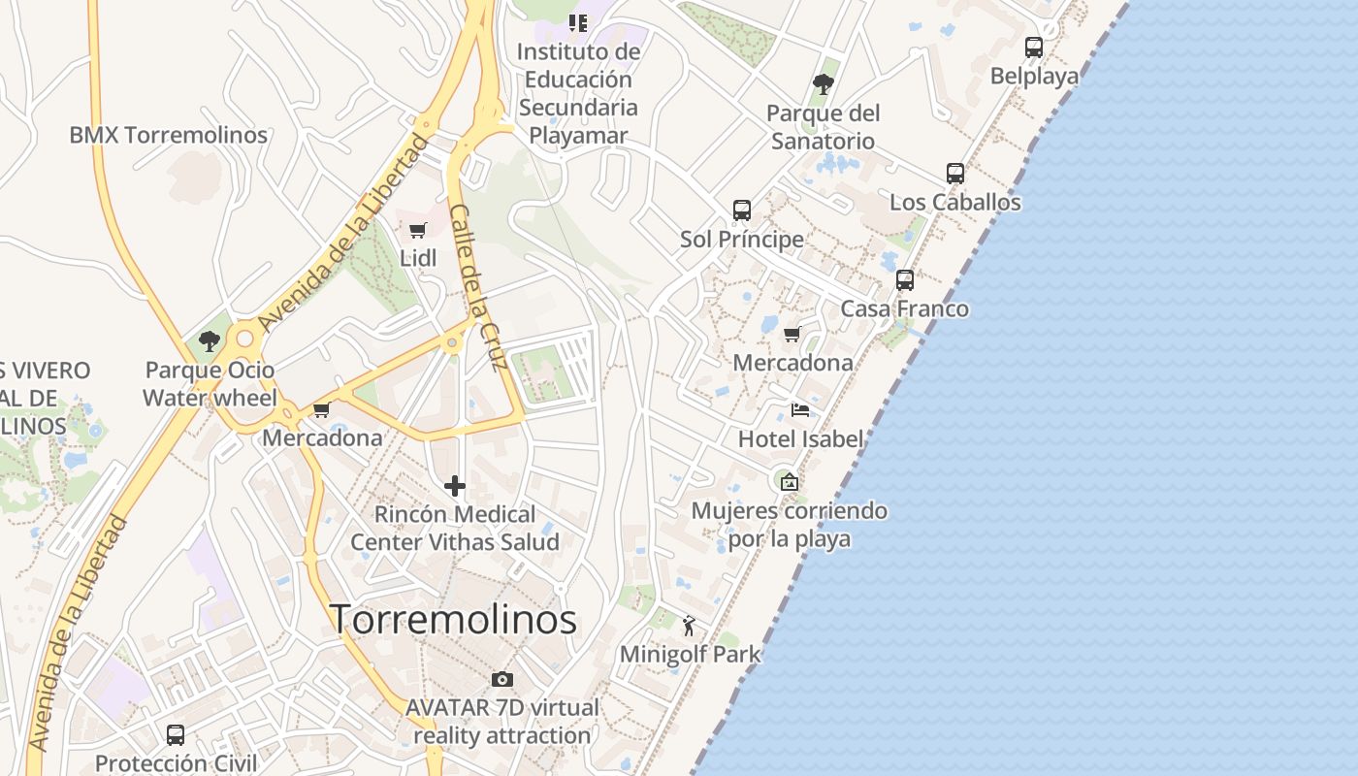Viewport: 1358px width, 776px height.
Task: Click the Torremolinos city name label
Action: tap(454, 619)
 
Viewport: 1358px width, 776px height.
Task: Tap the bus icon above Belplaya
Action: tap(1034, 47)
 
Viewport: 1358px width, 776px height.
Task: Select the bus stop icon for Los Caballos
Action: tap(955, 174)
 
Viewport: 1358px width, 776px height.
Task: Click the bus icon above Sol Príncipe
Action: tap(742, 210)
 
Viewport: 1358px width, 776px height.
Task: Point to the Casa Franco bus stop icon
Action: tap(905, 280)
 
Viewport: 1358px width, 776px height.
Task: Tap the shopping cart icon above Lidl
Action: tap(418, 231)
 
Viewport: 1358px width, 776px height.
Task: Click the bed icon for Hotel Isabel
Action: tap(800, 410)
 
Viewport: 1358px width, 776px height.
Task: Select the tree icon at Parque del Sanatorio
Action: tap(824, 84)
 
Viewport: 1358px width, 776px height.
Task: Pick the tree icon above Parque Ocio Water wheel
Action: tap(209, 340)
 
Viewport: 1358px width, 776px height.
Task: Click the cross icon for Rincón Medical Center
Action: tap(455, 486)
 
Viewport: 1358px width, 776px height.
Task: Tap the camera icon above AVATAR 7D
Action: tap(501, 679)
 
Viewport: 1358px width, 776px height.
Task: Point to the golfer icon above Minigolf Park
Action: tap(690, 626)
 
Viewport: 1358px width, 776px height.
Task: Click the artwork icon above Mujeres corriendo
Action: tap(790, 481)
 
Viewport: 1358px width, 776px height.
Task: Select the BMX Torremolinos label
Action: tap(169, 135)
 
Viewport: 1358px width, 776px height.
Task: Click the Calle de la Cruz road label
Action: tap(479, 288)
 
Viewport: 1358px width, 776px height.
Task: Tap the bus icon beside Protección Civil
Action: tap(176, 735)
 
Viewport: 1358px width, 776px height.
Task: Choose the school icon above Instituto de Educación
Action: tap(579, 22)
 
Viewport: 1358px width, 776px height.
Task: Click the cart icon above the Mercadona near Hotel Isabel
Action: tap(792, 335)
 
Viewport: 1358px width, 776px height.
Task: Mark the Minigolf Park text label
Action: tap(691, 654)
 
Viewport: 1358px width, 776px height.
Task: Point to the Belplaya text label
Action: tap(1034, 76)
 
